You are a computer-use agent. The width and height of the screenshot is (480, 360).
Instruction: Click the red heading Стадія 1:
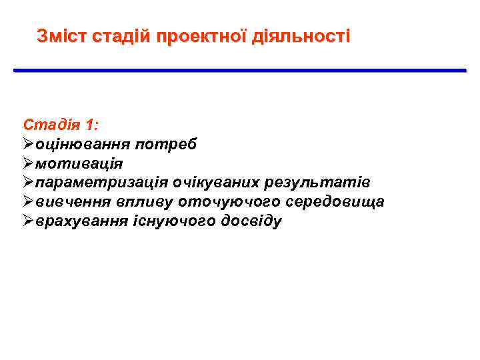click(x=61, y=125)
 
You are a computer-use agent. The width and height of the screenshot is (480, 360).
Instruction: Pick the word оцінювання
click(x=83, y=144)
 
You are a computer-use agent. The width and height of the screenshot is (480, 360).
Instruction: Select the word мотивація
click(x=79, y=163)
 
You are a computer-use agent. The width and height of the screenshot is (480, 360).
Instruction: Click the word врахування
click(x=83, y=221)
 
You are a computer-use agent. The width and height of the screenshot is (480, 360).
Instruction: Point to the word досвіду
click(x=253, y=221)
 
